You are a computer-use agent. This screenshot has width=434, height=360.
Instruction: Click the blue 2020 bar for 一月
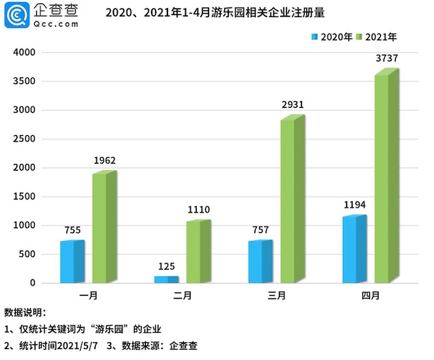click(71, 262)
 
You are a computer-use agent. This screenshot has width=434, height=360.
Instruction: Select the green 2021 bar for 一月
click(104, 227)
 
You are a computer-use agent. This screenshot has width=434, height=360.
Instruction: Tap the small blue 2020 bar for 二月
click(165, 279)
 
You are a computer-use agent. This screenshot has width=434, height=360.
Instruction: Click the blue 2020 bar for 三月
click(260, 262)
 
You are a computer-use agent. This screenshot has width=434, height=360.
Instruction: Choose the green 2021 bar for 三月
click(292, 199)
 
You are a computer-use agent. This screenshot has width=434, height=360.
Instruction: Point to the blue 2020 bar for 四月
click(354, 249)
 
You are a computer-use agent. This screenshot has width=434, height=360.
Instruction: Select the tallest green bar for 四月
click(386, 176)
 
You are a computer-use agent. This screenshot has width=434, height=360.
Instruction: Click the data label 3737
click(386, 58)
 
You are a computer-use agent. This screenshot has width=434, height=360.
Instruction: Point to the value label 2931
click(292, 105)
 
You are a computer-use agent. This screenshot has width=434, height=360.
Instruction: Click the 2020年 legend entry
click(332, 36)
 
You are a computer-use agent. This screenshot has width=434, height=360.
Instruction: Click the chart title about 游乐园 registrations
click(210, 12)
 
